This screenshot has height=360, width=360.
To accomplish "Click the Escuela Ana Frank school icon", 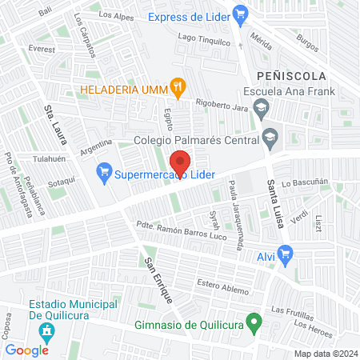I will tap(261, 106).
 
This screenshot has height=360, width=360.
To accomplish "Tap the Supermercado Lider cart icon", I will tap(103, 171).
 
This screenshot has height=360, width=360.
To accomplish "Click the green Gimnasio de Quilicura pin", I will tap(254, 324).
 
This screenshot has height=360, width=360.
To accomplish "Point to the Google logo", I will tap(26, 350).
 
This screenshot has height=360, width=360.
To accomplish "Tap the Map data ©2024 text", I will tap(325, 353).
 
